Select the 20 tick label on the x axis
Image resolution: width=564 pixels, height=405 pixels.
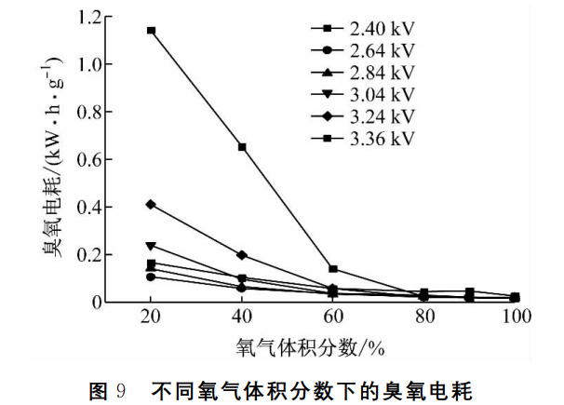[151, 318]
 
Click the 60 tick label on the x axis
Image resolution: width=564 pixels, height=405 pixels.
[333, 318]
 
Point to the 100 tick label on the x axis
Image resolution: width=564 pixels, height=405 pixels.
[515, 318]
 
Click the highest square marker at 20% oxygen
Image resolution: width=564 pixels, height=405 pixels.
[151, 31]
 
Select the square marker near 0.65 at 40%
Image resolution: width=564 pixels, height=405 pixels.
[242, 147]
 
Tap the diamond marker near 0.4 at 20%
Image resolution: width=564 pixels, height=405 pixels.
[151, 204]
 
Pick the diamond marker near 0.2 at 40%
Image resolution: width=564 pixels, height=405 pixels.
[242, 255]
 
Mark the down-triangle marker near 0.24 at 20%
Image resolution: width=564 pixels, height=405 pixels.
[151, 246]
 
